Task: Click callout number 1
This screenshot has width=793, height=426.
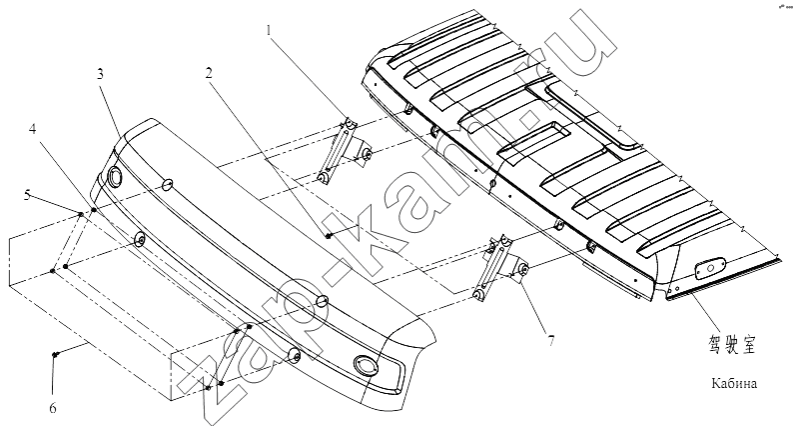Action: (x=270, y=30)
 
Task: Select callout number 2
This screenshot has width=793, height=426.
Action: (x=209, y=73)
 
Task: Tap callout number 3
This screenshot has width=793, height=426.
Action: (x=101, y=74)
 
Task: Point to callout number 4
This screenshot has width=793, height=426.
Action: (x=32, y=129)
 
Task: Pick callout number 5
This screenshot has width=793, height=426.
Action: (x=27, y=195)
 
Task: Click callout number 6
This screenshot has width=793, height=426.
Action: (x=53, y=408)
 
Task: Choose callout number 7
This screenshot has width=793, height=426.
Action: (x=550, y=341)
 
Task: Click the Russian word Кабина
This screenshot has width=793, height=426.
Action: (x=734, y=383)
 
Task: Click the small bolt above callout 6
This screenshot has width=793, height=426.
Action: (x=55, y=355)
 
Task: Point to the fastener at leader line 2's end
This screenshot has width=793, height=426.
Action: (x=329, y=236)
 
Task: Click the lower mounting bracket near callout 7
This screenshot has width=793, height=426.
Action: (x=499, y=267)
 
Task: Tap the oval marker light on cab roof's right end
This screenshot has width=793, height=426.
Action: (x=710, y=268)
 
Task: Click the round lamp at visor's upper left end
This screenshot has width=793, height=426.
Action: (x=114, y=177)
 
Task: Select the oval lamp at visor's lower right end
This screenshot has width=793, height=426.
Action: (x=366, y=364)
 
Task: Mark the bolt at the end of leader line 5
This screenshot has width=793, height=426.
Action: (x=80, y=214)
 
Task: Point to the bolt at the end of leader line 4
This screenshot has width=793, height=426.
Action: (x=94, y=210)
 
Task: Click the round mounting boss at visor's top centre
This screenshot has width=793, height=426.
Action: (x=168, y=185)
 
